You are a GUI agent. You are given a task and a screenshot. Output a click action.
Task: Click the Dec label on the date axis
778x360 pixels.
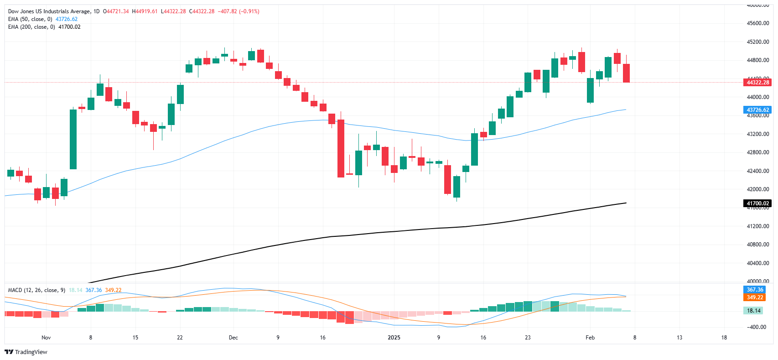(x=233, y=338)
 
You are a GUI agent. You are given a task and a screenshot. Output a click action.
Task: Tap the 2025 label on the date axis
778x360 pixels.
(x=394, y=338)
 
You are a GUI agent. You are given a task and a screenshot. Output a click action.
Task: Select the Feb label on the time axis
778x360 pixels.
(x=590, y=338)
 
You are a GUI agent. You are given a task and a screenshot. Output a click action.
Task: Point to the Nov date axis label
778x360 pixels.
(x=46, y=338)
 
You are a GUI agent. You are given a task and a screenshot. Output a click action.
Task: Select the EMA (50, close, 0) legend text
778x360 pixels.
(x=30, y=19)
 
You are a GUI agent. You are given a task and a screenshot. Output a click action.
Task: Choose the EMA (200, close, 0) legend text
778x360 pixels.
(x=31, y=27)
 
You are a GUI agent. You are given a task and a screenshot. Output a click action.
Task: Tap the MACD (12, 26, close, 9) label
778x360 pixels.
(x=36, y=290)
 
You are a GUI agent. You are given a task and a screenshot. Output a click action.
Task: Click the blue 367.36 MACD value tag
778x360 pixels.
(x=755, y=290)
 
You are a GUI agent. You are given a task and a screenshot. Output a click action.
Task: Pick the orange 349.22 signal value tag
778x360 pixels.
(x=755, y=297)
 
